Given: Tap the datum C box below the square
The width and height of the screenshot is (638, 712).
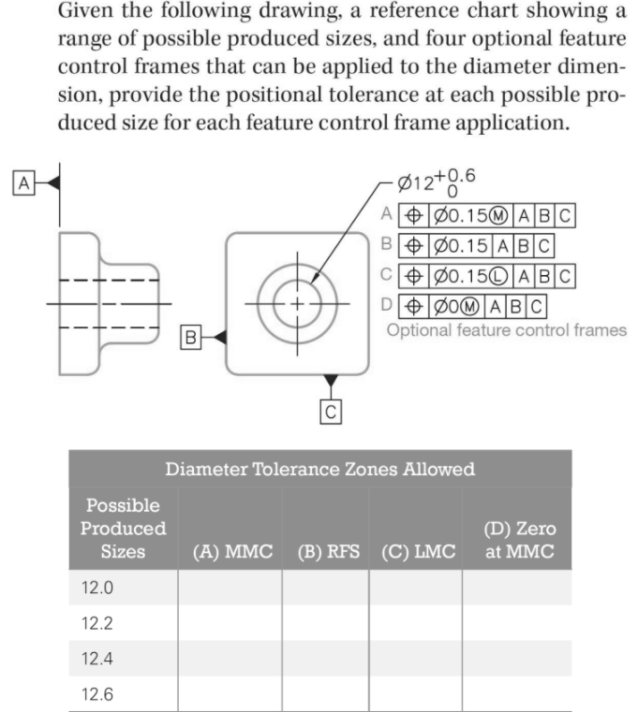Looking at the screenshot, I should pos(332,410).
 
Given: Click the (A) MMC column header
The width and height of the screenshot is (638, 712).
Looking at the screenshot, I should pos(232,552).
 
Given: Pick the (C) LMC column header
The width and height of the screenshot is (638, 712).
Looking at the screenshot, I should pos(416,552).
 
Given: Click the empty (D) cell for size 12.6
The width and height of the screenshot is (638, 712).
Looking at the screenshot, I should pos(516,694).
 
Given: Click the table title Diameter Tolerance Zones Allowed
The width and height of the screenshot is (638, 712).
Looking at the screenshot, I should pos(319,469).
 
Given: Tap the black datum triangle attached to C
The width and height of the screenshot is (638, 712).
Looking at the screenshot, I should pos(332,380).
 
